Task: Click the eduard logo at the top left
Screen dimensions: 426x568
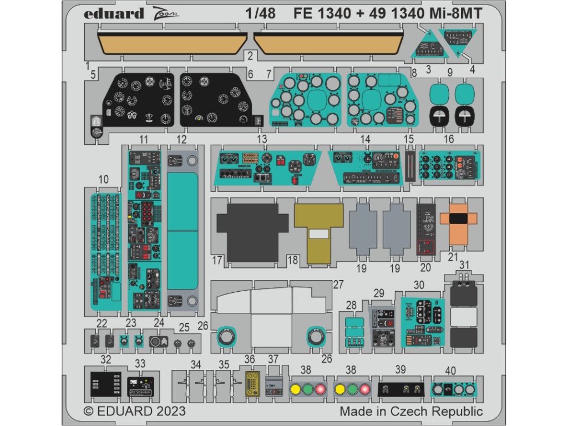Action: click(x=114, y=13)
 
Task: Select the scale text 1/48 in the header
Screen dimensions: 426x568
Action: click(x=262, y=14)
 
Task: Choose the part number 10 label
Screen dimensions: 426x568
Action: click(x=103, y=180)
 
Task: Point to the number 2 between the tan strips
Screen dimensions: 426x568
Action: click(x=250, y=55)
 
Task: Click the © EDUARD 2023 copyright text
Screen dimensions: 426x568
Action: click(x=134, y=412)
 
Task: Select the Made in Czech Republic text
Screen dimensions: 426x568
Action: click(x=411, y=412)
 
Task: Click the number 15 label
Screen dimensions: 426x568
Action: click(x=409, y=139)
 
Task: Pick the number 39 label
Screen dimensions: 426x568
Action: click(x=400, y=369)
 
